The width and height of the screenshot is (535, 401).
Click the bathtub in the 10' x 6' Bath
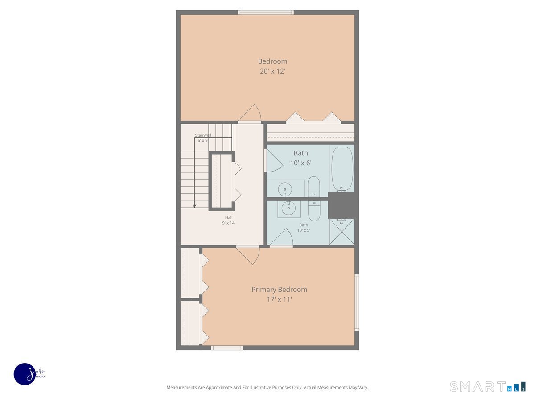coord(342,169)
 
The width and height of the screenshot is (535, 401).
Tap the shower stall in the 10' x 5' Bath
coord(342,232)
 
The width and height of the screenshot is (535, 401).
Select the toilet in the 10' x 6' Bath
coord(314,187)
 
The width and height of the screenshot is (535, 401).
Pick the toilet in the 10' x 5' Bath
coord(314,210)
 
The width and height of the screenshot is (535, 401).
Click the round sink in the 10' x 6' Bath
coord(284,190)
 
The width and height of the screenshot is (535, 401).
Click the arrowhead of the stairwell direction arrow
coord(195,205)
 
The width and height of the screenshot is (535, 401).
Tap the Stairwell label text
coord(203,135)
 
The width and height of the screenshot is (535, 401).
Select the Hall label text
coord(229,217)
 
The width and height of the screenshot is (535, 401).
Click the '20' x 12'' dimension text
coord(272,71)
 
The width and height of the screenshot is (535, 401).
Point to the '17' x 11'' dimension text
coord(279,299)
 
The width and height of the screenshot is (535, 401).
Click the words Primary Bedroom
coord(279,290)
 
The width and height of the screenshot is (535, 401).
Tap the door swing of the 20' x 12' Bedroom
coord(251,114)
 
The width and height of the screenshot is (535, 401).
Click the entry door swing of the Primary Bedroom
coord(249,255)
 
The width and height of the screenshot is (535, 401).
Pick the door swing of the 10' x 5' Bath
coord(282,237)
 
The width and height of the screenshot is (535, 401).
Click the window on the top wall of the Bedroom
coord(266,12)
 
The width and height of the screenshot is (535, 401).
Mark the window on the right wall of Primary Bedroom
coord(357,302)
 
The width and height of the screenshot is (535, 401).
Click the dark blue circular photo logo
coord(25,374)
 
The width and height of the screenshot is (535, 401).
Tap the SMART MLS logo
coord(487,386)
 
